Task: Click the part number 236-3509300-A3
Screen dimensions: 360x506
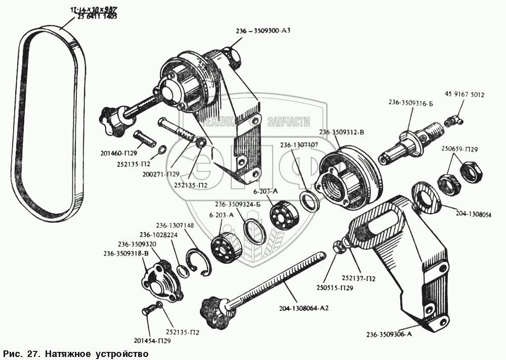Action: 263,30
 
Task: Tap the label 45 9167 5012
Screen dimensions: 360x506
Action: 465,94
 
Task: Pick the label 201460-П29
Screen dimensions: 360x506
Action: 123,151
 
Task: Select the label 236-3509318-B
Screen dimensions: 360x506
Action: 125,254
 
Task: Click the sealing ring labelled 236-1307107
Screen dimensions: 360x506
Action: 309,199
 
